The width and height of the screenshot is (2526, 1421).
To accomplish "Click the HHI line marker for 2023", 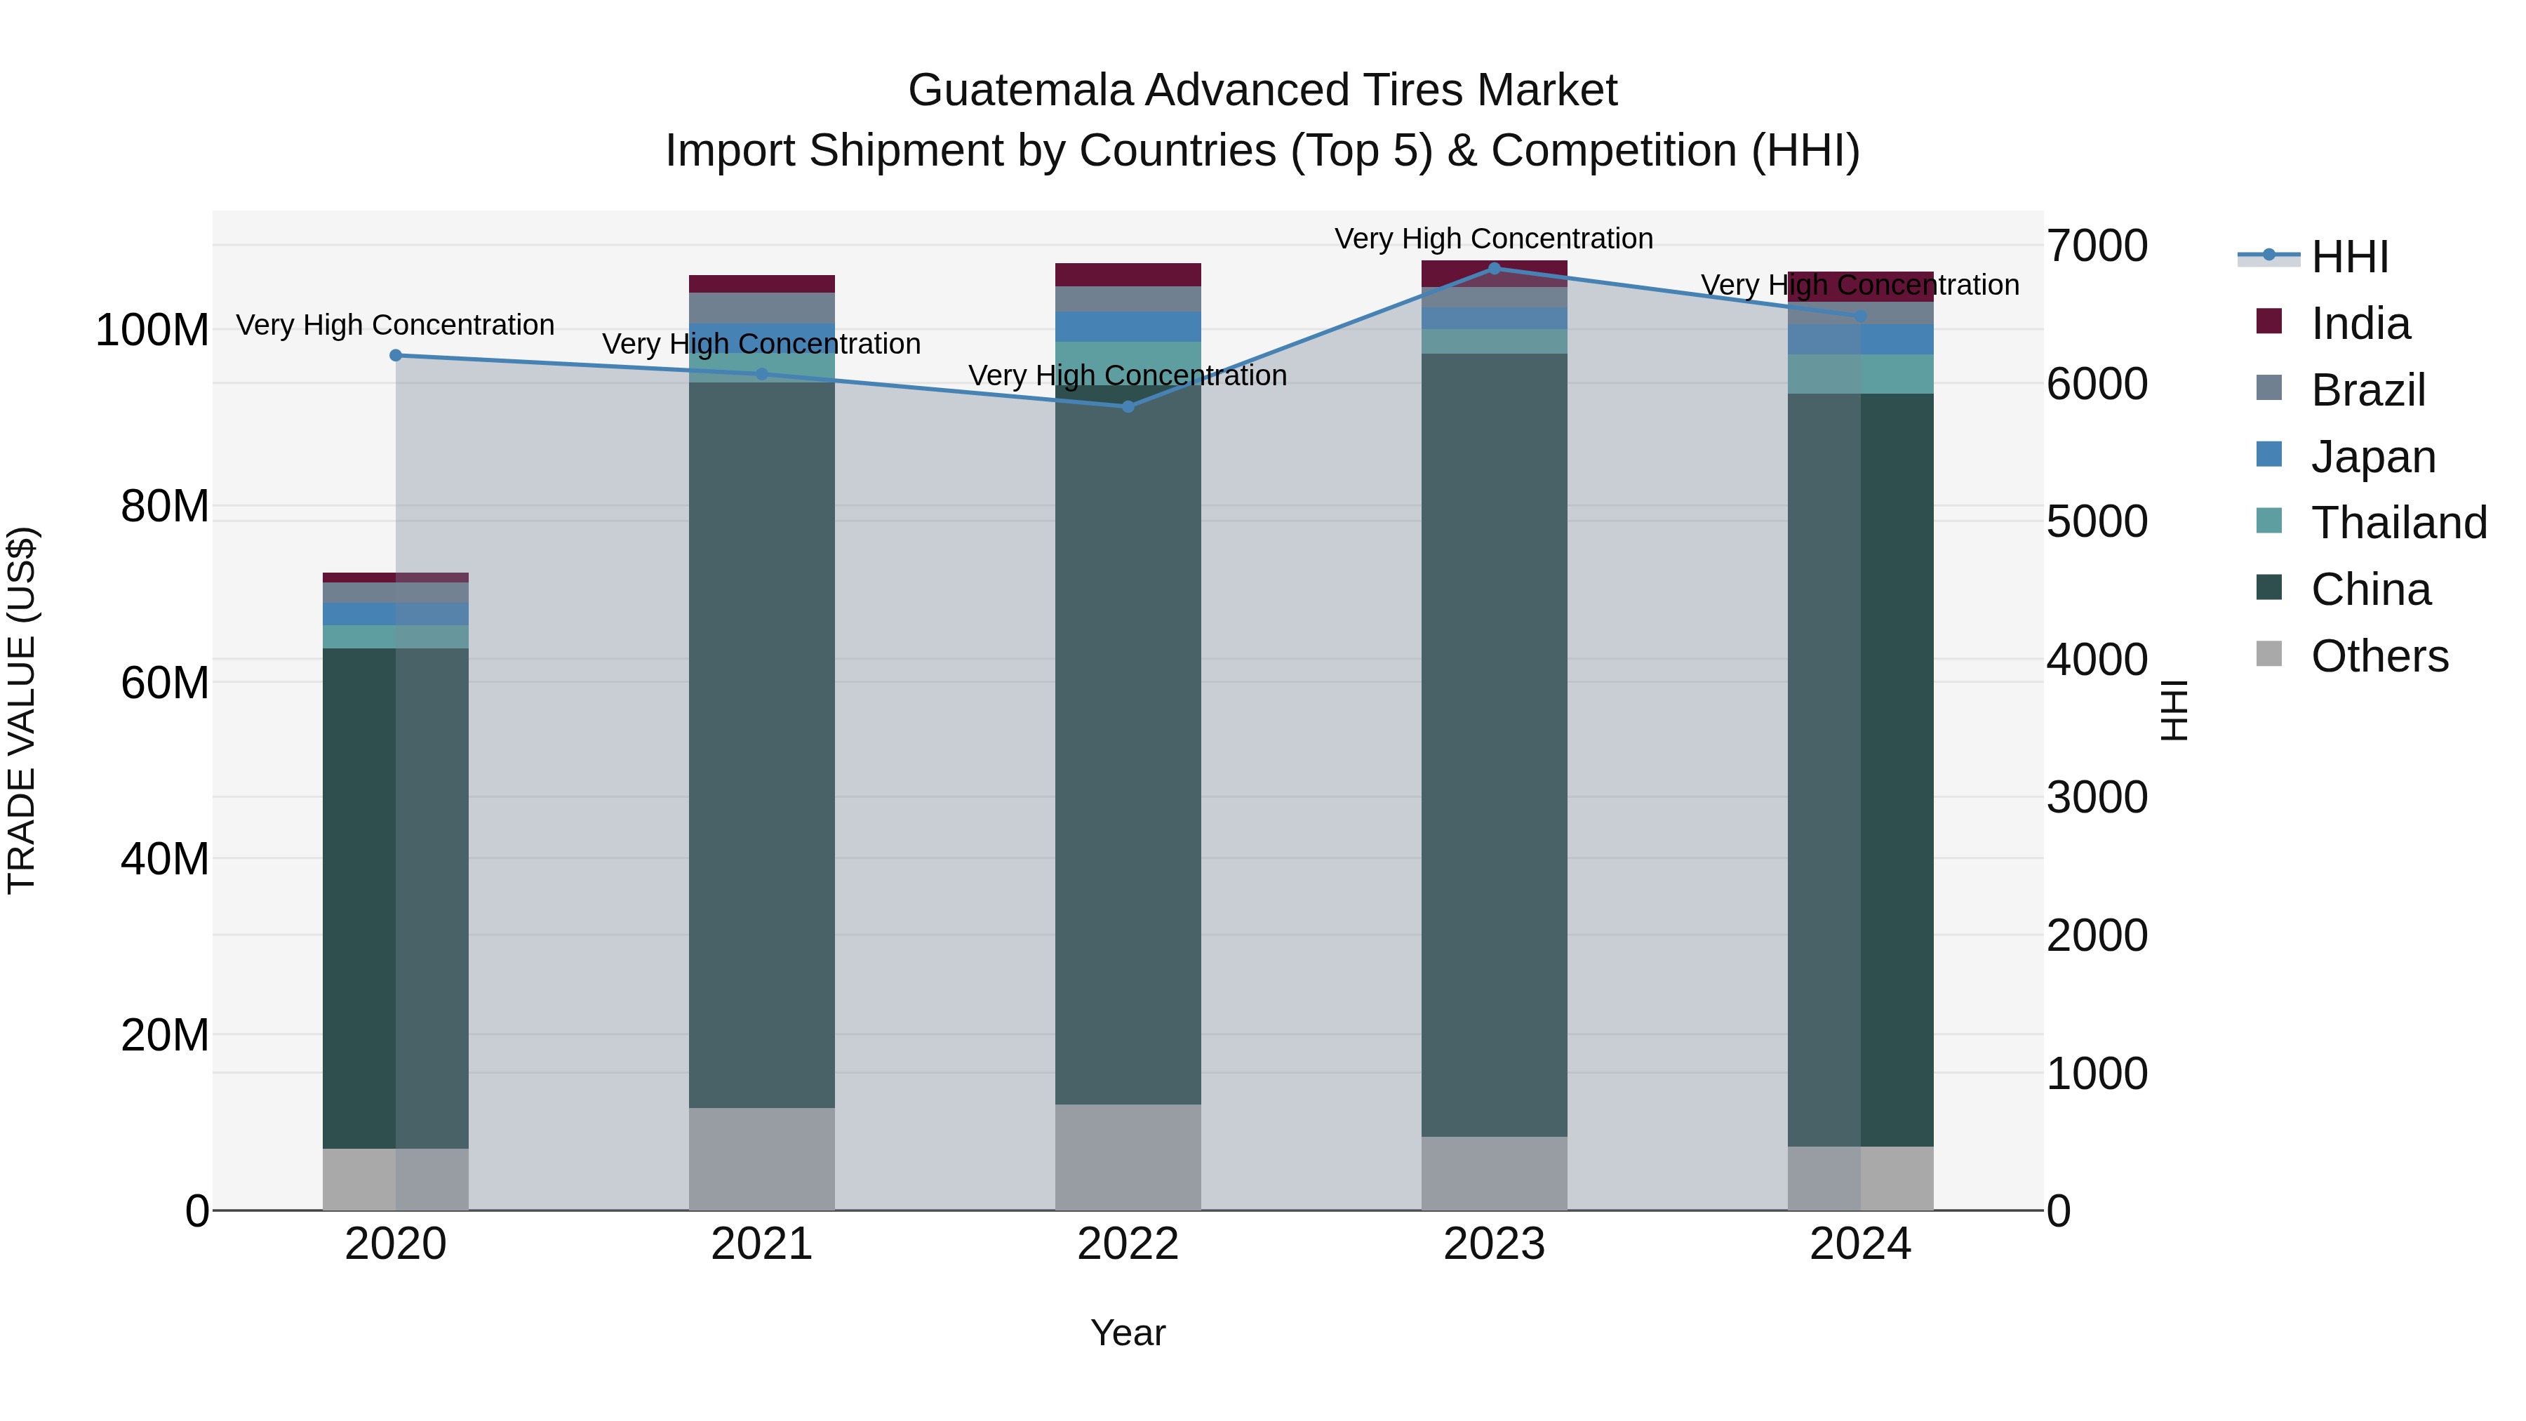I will click(1493, 268).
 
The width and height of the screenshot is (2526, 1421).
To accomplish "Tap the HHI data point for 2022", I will click(1128, 406).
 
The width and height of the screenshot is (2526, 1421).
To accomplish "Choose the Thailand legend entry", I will click(2398, 523).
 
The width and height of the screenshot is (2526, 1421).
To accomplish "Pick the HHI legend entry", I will click(2348, 257).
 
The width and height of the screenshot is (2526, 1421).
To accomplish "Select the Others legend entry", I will click(2378, 656).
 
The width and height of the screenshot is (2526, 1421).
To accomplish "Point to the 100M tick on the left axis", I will click(152, 331).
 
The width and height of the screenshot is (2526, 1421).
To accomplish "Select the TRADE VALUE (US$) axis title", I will click(22, 710).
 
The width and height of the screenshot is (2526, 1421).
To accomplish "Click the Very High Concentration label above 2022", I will click(1128, 375).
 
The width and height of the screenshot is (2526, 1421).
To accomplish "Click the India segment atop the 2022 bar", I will click(1128, 274).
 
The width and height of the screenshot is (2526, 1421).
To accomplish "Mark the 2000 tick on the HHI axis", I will click(2097, 935).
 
